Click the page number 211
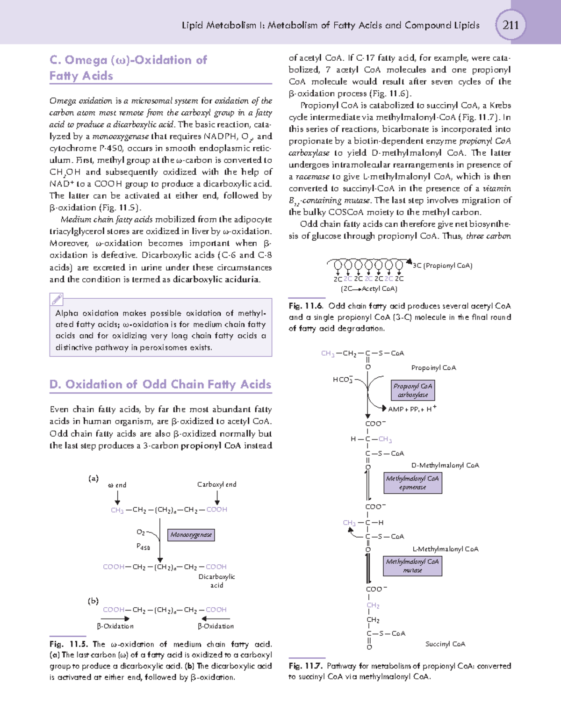[x=510, y=25]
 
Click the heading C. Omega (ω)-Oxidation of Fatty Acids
[x=128, y=68]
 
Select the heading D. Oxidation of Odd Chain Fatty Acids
[x=160, y=384]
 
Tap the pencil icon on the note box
[x=56, y=299]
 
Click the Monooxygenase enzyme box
[x=191, y=535]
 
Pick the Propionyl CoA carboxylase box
[x=413, y=390]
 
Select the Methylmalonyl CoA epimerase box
[x=412, y=483]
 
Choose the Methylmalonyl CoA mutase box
[x=412, y=566]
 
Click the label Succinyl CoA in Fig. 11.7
[x=445, y=644]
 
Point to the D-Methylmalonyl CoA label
[x=445, y=465]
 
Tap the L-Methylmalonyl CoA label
[x=445, y=549]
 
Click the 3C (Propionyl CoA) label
[x=442, y=266]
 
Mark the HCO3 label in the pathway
[x=342, y=380]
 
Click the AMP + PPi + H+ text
[x=412, y=409]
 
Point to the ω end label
[x=117, y=485]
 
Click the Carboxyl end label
[x=216, y=484]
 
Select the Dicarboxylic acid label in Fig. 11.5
[x=216, y=581]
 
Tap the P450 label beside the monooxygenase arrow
[x=143, y=546]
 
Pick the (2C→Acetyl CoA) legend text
[x=369, y=289]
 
